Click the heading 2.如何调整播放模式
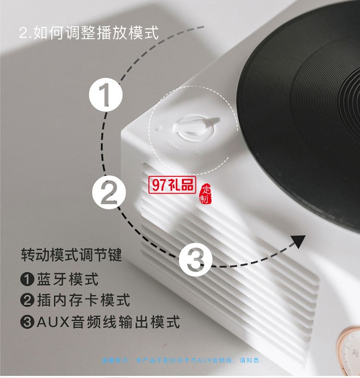click(x=88, y=33)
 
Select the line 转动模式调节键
click(x=72, y=255)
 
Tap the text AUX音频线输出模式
click(x=108, y=321)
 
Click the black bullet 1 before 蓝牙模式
click(x=27, y=279)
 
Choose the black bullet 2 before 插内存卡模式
click(x=27, y=301)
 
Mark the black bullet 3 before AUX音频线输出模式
click(x=27, y=322)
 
